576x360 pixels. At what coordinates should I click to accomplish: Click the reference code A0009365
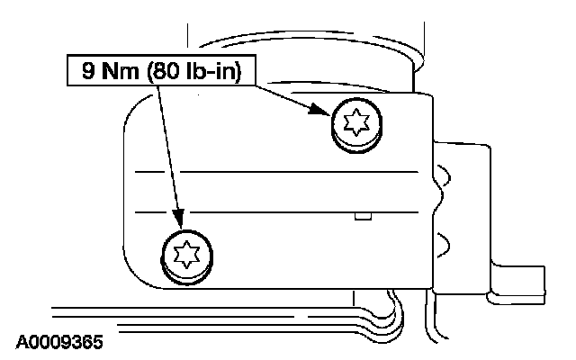58,343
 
